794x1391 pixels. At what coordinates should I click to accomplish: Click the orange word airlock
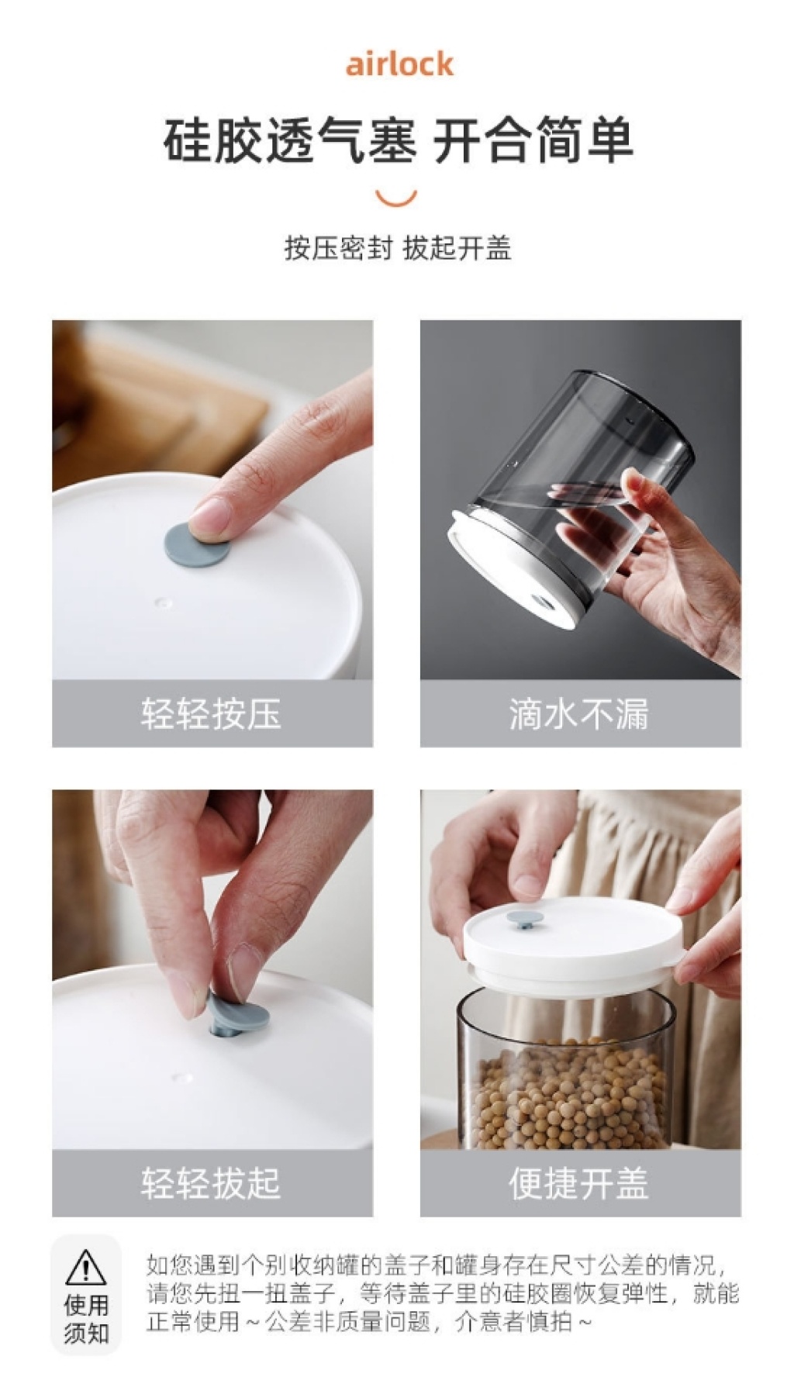(399, 64)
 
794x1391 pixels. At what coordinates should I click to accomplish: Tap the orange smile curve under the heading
(397, 201)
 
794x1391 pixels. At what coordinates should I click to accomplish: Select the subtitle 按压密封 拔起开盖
(398, 248)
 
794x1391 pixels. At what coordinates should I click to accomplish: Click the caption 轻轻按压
(211, 713)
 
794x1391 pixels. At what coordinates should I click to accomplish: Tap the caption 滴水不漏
(579, 713)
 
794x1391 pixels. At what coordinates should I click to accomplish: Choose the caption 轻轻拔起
(211, 1182)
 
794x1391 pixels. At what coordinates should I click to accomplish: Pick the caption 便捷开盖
(579, 1182)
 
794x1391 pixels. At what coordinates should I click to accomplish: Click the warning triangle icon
(86, 1266)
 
